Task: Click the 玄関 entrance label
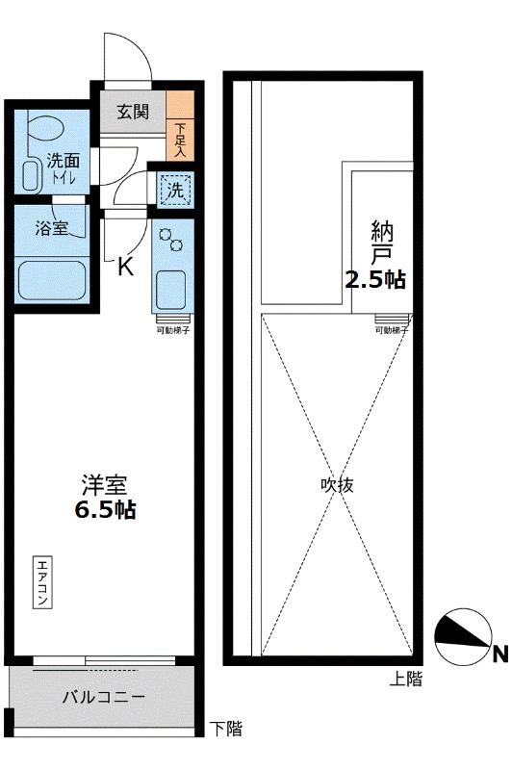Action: (133, 112)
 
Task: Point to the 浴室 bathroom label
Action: (50, 230)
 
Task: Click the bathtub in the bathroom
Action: (53, 280)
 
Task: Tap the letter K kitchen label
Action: (125, 267)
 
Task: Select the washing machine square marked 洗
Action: (175, 191)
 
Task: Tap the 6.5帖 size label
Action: (105, 510)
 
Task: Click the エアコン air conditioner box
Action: (44, 582)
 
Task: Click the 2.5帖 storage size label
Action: (375, 280)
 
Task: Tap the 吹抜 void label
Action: (336, 485)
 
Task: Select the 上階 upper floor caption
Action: (405, 679)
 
